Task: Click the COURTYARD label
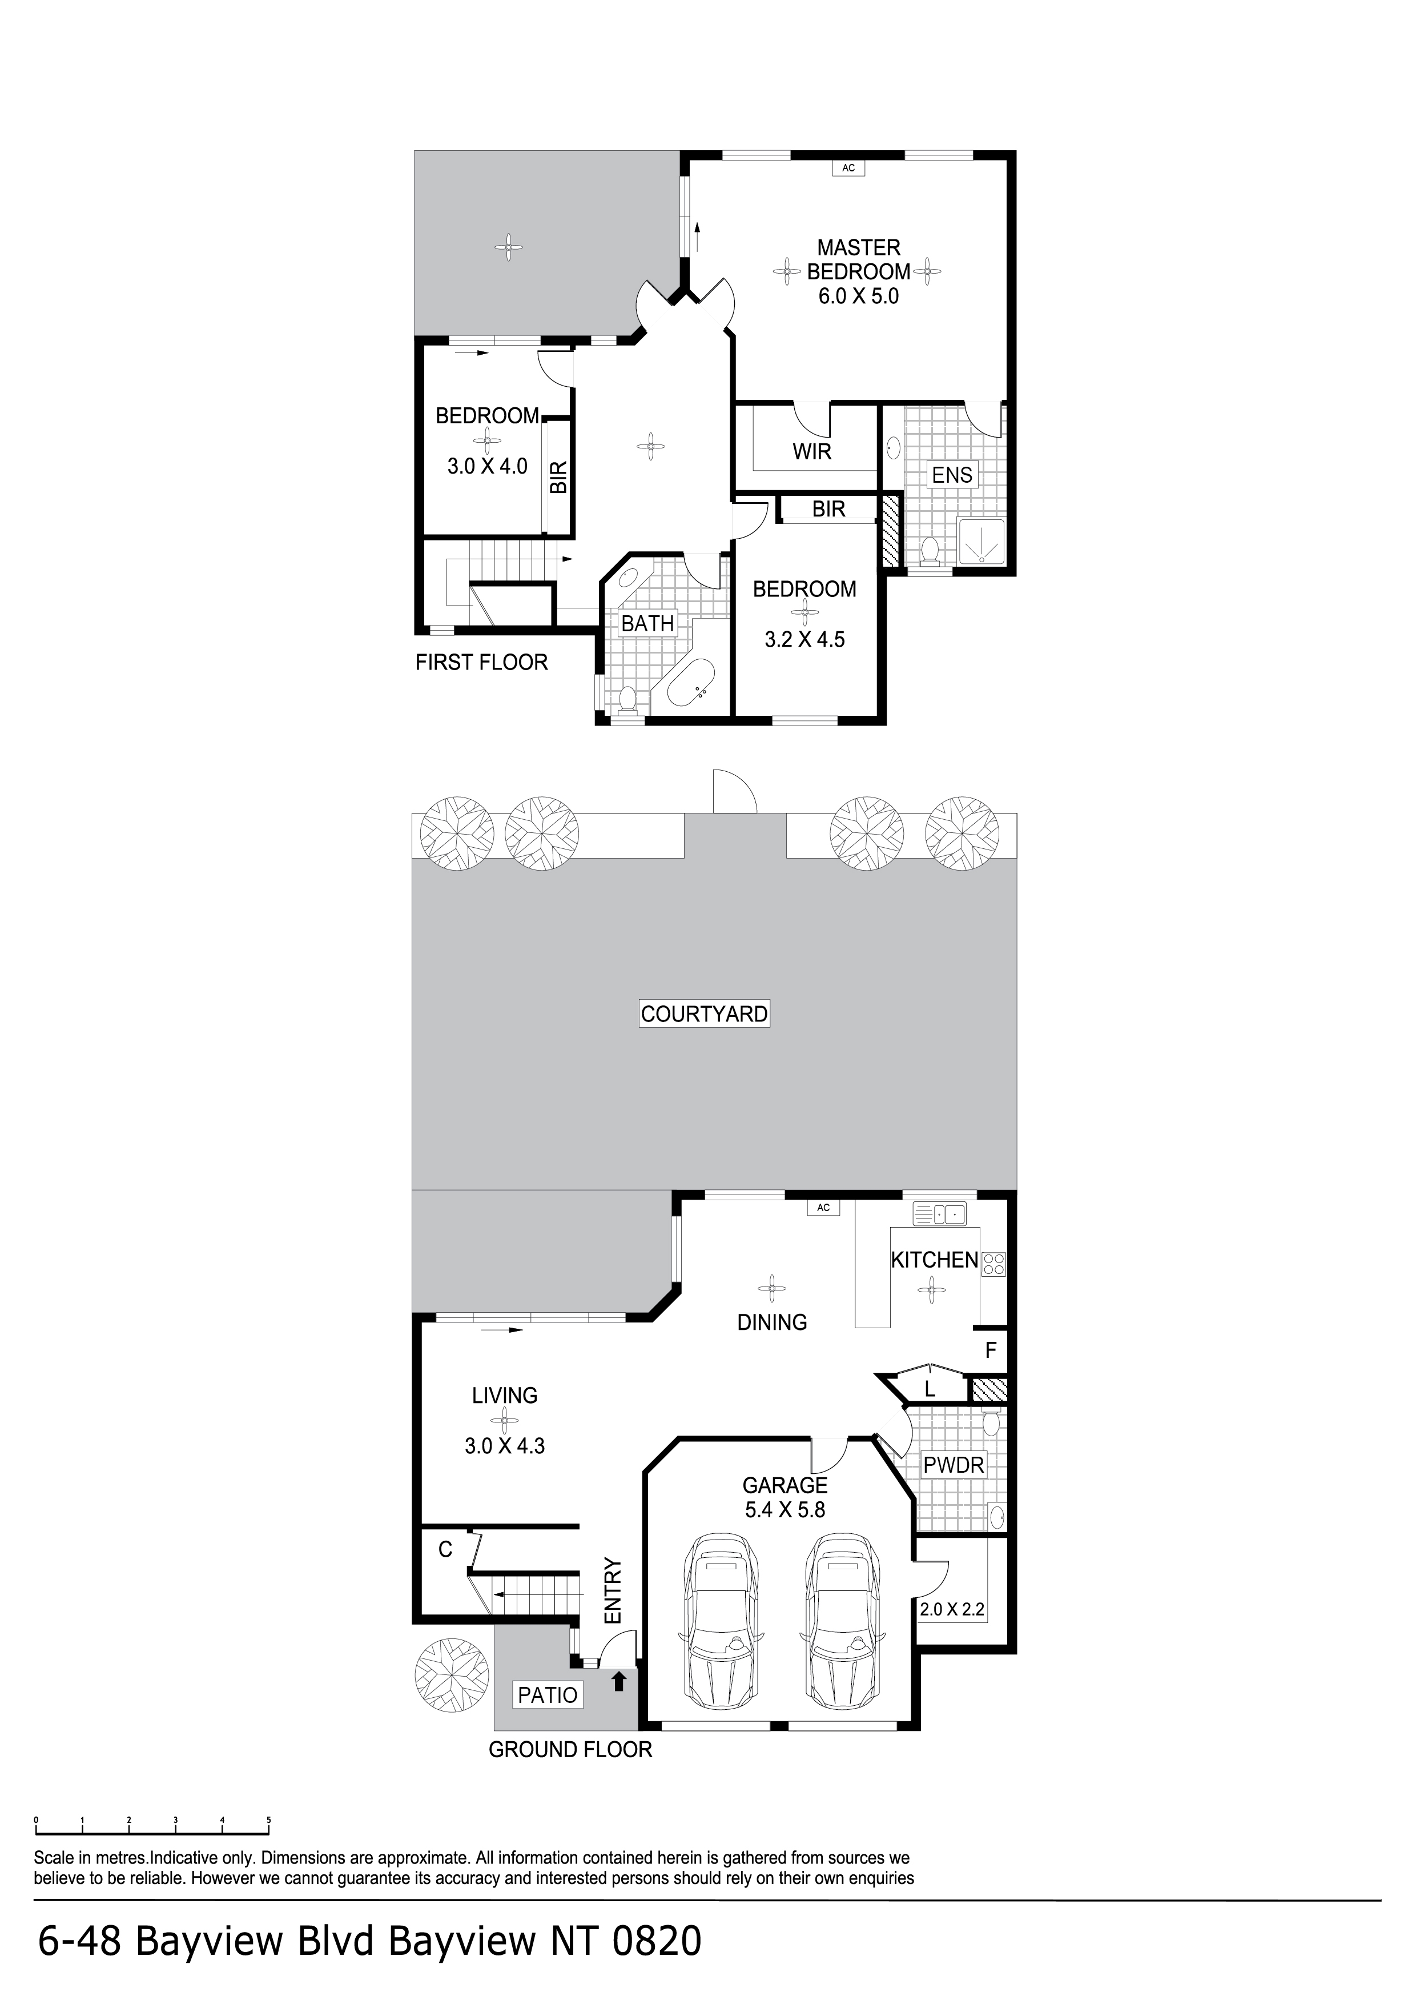point(703,1013)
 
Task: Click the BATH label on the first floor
point(647,623)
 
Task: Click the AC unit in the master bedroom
point(848,167)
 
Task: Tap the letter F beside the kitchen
point(990,1350)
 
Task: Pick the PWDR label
point(954,1465)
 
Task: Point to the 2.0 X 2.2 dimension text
point(952,1609)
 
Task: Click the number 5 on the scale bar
point(269,1820)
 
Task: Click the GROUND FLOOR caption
point(570,1749)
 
